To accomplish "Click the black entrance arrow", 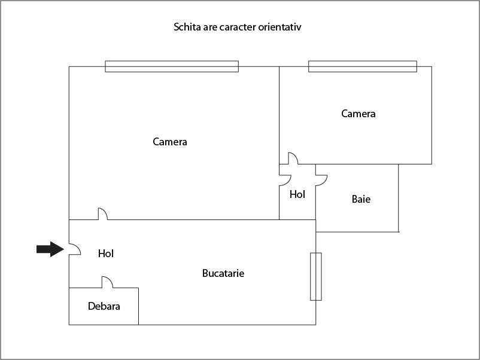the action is click(50, 249).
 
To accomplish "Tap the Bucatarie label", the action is click(223, 273).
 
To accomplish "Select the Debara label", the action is click(104, 306).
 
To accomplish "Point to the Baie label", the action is click(361, 199).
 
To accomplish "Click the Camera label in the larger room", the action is click(170, 142).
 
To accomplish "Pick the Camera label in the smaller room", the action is click(359, 114).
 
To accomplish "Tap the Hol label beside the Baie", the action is click(297, 194).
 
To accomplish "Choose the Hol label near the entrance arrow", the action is click(106, 254).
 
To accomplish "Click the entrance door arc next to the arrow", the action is click(78, 247).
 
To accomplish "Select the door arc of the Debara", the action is click(110, 280).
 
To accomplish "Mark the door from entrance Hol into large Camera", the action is click(105, 211).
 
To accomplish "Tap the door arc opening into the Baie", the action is click(324, 182).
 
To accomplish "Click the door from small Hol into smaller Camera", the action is click(296, 155).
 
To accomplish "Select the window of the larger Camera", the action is click(172, 66).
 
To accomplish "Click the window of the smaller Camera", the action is click(363, 66).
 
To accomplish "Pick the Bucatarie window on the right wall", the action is click(316, 276).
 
